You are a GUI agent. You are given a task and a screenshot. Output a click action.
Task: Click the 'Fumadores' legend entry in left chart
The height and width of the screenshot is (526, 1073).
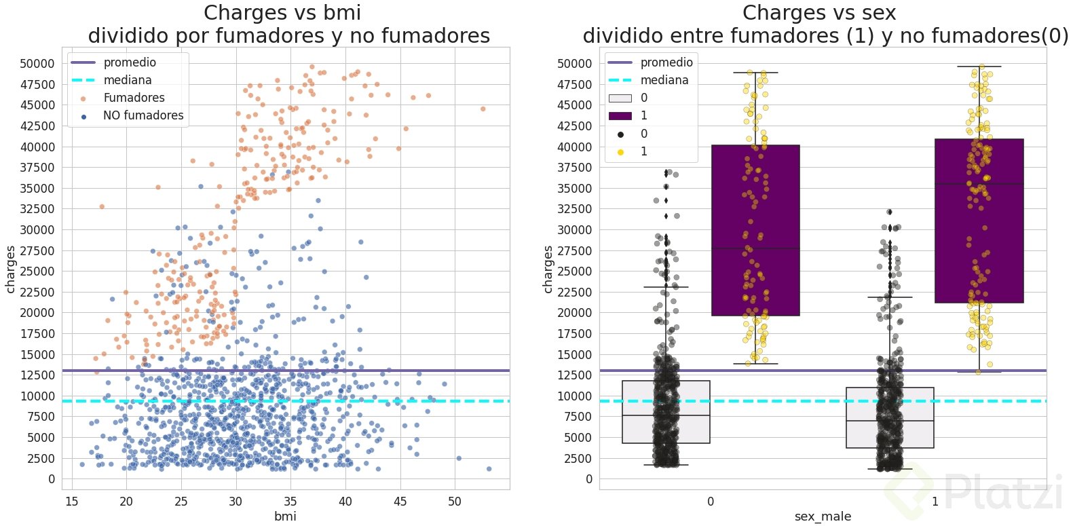[x=134, y=98]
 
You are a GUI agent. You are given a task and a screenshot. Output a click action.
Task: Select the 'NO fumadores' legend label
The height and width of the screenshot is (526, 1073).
[x=143, y=115]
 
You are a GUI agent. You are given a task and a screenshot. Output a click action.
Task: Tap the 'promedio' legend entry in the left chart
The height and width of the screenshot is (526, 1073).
[x=130, y=62]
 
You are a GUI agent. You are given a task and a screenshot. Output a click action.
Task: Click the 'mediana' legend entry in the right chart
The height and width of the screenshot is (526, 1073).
[x=664, y=80]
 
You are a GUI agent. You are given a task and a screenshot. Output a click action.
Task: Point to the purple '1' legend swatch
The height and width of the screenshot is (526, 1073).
[x=620, y=116]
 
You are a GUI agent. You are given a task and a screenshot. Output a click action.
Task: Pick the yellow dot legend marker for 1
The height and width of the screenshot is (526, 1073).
[x=620, y=151]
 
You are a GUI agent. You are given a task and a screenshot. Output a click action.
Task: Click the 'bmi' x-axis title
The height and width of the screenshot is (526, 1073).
[x=285, y=516]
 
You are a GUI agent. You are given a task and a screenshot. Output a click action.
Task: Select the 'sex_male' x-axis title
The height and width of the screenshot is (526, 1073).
[x=823, y=516]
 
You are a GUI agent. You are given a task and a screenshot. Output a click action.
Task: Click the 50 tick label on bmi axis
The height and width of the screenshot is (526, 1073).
[x=455, y=502]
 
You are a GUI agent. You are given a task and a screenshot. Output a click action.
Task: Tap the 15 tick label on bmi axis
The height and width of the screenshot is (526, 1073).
[x=71, y=502]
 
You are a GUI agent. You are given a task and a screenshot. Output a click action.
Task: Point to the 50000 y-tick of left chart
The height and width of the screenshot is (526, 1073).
[x=37, y=64]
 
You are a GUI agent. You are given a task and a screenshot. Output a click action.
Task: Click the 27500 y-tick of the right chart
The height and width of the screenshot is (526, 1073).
[x=575, y=250]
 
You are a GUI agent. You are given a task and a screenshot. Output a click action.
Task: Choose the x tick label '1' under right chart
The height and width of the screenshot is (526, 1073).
[x=935, y=502]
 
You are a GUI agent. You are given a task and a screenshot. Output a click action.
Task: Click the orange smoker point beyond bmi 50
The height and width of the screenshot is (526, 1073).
[x=483, y=109]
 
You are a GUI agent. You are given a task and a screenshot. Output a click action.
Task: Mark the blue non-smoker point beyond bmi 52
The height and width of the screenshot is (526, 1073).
[x=489, y=469]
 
